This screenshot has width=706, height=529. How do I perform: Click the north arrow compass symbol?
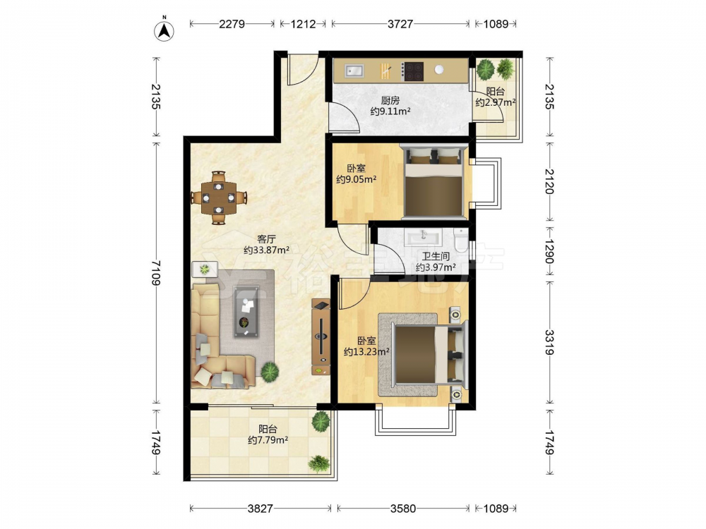[164, 30]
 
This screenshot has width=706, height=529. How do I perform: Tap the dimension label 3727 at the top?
[400, 24]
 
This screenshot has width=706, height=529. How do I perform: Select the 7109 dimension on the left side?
[156, 272]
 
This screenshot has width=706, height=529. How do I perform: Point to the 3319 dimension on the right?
[549, 342]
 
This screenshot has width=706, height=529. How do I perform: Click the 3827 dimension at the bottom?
[261, 509]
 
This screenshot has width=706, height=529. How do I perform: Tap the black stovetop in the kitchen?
[413, 71]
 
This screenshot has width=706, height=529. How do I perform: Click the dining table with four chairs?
[219, 197]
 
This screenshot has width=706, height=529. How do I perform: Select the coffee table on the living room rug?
[246, 311]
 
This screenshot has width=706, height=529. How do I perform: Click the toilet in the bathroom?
[461, 240]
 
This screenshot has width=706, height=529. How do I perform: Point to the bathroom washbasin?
[424, 236]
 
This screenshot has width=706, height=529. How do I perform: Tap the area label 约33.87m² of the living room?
[266, 250]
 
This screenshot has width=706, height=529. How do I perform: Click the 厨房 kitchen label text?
[390, 100]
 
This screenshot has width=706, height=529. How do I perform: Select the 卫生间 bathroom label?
[436, 257]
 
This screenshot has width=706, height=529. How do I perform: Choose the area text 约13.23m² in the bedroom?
[366, 352]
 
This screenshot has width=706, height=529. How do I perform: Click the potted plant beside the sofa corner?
[269, 372]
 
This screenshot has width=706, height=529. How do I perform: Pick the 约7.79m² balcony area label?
[268, 440]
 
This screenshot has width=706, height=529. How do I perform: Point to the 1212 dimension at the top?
[303, 24]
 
